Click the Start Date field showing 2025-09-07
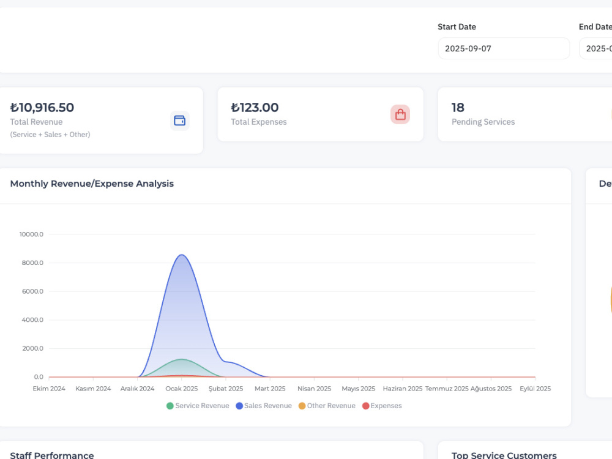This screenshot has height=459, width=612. coord(504,48)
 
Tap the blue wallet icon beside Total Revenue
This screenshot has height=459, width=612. coord(179,121)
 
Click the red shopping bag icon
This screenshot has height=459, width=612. coord(400,114)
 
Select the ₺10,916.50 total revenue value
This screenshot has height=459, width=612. coord(42,107)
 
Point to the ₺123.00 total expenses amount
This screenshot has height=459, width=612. coord(255,107)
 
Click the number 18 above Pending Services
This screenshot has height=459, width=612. coord(458,107)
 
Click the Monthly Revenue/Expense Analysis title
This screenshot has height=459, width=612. coord(92,184)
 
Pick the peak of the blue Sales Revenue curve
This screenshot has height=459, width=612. coord(182,255)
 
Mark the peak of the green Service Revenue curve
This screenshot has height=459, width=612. coord(182,359)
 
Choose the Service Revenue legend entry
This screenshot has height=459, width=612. coord(198,406)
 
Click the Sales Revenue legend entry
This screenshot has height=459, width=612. coord(264,406)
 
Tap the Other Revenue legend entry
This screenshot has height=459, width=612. coord(327,406)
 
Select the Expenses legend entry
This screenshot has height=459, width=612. coord(382,406)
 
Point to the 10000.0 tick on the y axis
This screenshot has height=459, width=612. coord(31,234)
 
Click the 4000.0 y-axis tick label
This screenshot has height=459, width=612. coord(32,319)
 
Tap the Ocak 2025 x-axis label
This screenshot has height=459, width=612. coord(182,389)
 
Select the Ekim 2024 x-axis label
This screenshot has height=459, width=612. coord(49,389)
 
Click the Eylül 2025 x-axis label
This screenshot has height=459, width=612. coord(535,389)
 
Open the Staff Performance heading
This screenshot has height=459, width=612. coord(52,455)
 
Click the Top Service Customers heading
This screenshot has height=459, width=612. coord(504,455)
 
